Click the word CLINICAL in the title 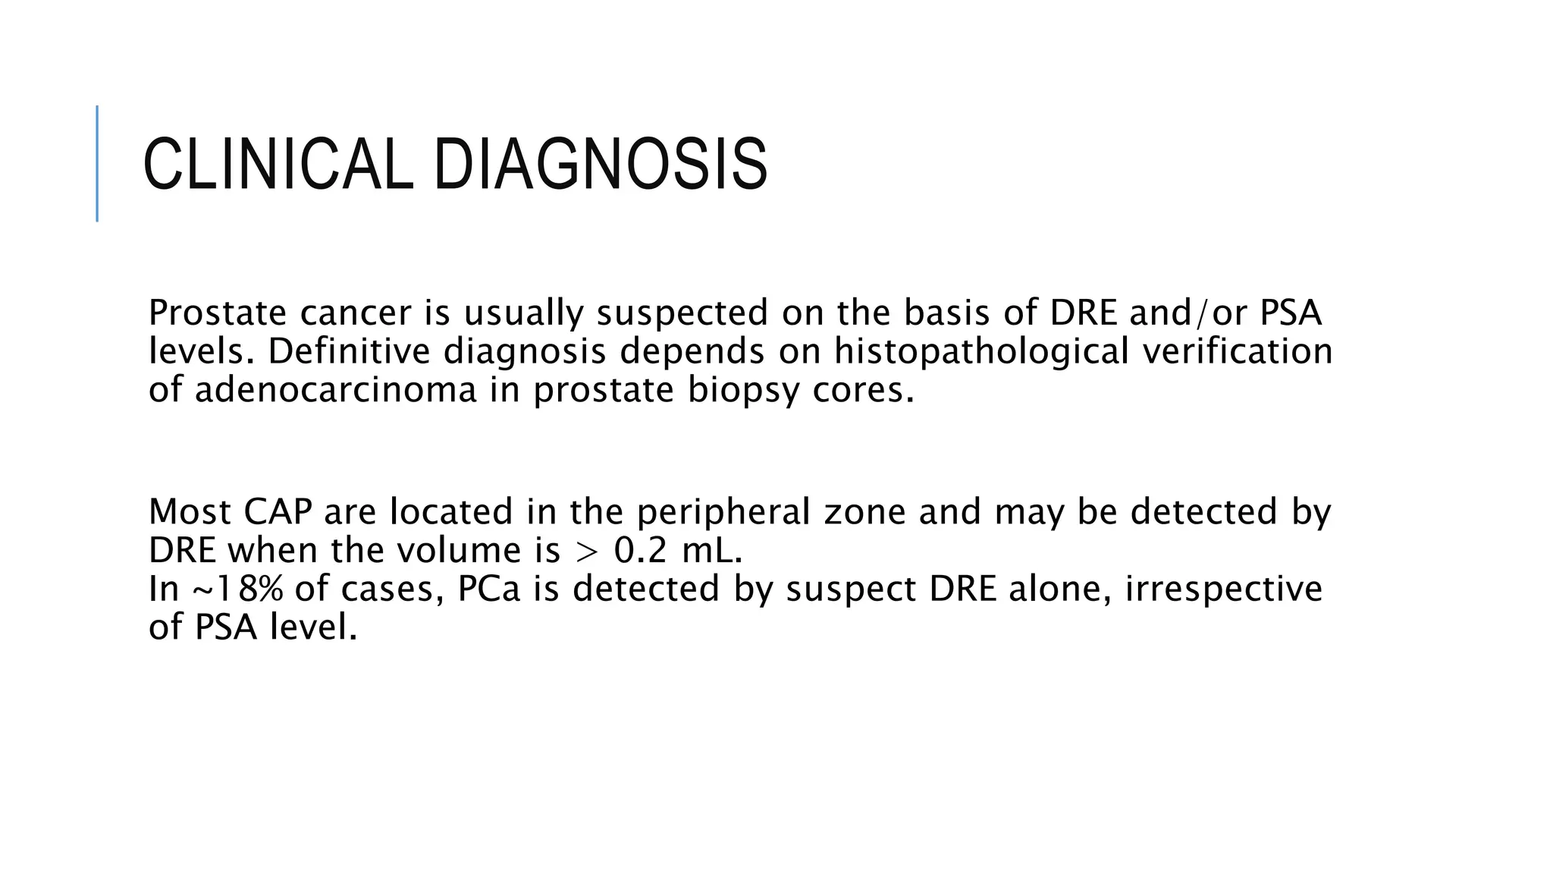point(278,164)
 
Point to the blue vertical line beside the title point(97,163)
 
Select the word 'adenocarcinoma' point(336,390)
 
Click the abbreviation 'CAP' point(278,511)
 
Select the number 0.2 point(640,550)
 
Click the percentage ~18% point(238,589)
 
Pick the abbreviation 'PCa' point(489,589)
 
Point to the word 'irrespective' point(1223,589)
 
